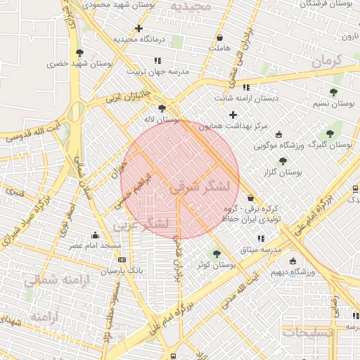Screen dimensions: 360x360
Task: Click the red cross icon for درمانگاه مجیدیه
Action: pyautogui.click(x=139, y=29)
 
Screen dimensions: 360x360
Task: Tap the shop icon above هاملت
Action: pyautogui.click(x=221, y=37)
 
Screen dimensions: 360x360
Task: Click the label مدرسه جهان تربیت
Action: pyautogui.click(x=158, y=71)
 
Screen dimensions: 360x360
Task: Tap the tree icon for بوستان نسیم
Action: pyautogui.click(x=333, y=92)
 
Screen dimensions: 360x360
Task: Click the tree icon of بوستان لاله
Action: pyautogui.click(x=163, y=108)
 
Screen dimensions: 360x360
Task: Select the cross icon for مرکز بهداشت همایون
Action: pyautogui.click(x=233, y=115)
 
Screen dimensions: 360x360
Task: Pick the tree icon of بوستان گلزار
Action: pyautogui.click(x=283, y=161)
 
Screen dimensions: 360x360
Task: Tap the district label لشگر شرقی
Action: pyautogui.click(x=200, y=187)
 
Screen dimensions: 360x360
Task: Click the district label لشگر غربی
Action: pyautogui.click(x=140, y=224)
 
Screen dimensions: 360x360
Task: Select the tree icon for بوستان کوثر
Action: pyautogui.click(x=216, y=253)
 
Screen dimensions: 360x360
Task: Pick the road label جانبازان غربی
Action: pyautogui.click(x=129, y=96)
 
